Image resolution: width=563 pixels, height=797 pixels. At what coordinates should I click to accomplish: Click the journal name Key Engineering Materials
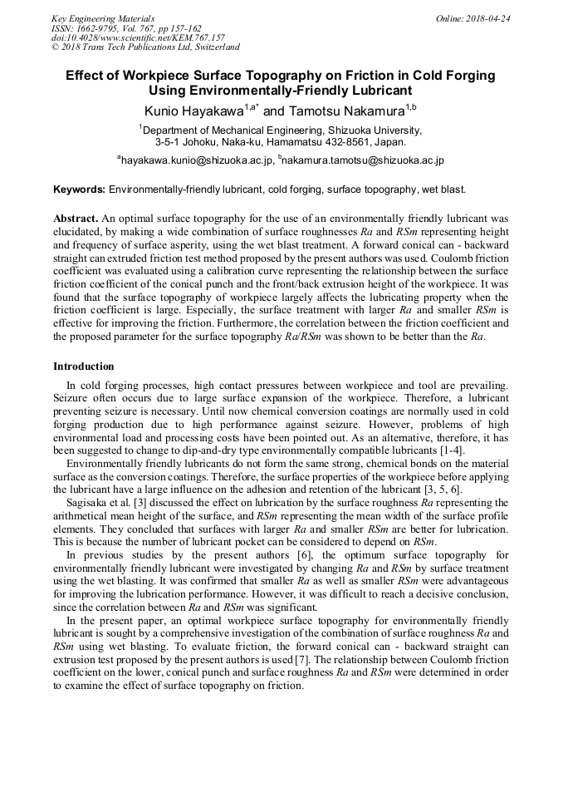(103, 18)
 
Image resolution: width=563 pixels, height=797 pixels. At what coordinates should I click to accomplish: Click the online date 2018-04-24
(487, 18)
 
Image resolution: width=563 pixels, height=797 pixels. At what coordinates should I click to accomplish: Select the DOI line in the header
(138, 38)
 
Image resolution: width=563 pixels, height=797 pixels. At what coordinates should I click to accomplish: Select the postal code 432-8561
(359, 141)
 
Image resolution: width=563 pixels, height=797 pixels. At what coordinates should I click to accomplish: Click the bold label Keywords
(79, 189)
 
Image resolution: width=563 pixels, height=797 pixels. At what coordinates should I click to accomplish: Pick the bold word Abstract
(76, 219)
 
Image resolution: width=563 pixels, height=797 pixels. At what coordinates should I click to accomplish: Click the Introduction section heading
(84, 367)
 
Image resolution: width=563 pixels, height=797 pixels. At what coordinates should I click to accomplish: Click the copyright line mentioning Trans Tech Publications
(145, 48)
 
